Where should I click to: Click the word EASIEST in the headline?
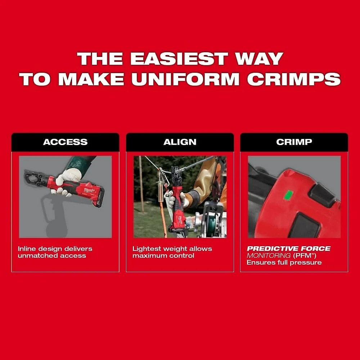point(179,59)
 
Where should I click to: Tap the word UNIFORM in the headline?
point(185,79)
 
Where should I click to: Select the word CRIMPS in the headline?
point(294,79)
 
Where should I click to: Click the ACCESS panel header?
point(66,142)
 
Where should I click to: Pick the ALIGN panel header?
point(180,142)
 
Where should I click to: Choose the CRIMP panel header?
point(294,142)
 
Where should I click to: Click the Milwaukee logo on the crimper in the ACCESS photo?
point(89,190)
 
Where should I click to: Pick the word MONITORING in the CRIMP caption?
point(269,255)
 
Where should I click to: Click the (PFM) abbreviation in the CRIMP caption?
point(305,255)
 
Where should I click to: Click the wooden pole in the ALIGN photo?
point(141,184)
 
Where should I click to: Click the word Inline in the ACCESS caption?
point(27,249)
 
